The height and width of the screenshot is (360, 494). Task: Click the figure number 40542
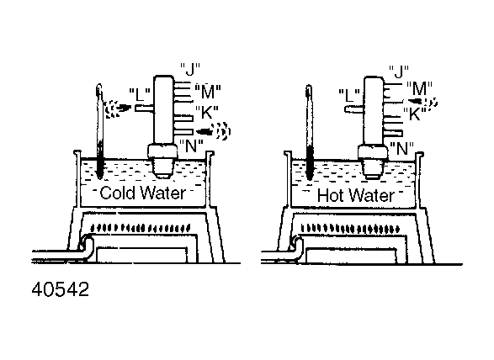(x=61, y=289)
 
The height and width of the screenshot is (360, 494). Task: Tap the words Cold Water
(x=143, y=193)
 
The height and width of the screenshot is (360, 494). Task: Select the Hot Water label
(x=356, y=195)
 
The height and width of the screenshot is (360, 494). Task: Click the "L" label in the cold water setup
(x=140, y=94)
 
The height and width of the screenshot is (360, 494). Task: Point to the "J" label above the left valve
(x=190, y=69)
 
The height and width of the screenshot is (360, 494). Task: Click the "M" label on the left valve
(x=208, y=92)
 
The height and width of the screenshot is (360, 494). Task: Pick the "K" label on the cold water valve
(x=207, y=113)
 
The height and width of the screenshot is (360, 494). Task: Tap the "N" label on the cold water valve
(x=191, y=146)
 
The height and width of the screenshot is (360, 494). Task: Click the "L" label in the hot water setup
(x=350, y=95)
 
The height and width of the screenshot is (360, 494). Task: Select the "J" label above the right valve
(x=399, y=71)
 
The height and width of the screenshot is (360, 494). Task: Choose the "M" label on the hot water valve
(x=419, y=88)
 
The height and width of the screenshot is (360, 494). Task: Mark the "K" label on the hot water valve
(x=415, y=114)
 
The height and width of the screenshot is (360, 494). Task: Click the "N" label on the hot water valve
(x=401, y=149)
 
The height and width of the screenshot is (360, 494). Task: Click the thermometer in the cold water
(x=99, y=131)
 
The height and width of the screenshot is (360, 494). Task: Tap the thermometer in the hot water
(x=310, y=133)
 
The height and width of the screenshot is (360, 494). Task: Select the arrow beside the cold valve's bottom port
(x=213, y=131)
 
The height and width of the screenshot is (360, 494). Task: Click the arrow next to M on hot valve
(x=422, y=102)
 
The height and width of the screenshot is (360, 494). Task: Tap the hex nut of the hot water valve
(x=373, y=153)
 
